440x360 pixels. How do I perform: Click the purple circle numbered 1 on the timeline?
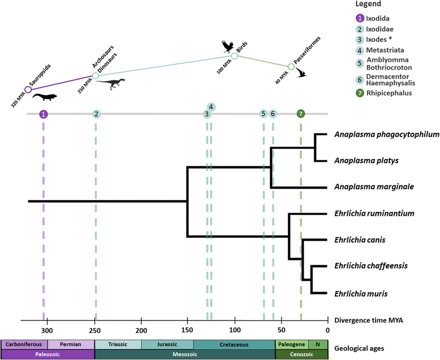[x=44, y=114]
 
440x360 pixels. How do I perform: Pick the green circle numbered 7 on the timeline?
[x=301, y=114]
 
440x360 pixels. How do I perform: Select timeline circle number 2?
[x=97, y=114]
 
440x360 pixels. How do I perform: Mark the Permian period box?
[x=71, y=345]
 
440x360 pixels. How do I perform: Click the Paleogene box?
[x=292, y=345]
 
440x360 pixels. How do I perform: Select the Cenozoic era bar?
[x=301, y=355]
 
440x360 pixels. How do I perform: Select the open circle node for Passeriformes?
[x=291, y=67]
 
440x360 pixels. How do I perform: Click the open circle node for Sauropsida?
[x=28, y=89]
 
